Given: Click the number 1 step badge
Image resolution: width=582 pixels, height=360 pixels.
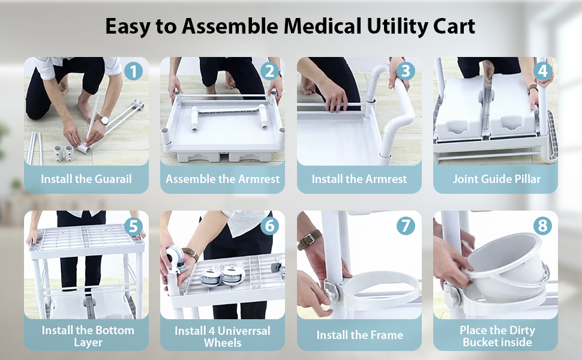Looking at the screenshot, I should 133,72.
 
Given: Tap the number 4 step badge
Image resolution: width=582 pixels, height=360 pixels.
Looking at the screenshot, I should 542,72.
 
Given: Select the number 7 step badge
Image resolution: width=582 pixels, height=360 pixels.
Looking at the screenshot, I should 406,226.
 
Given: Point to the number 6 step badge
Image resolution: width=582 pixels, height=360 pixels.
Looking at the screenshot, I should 269,226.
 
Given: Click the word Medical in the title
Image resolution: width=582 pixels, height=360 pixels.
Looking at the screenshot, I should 327,26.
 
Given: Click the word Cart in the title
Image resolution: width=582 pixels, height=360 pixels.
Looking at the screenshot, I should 454,26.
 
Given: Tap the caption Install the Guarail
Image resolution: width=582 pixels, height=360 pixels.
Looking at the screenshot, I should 86,179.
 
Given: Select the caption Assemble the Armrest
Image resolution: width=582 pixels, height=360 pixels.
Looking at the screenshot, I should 223,179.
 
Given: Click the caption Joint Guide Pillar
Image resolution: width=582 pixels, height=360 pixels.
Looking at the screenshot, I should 496,179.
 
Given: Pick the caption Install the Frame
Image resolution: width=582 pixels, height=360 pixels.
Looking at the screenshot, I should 359,335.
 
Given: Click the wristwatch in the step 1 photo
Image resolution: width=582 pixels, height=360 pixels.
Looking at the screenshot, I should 103,121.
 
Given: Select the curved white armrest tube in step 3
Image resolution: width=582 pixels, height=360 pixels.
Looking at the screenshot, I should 400,114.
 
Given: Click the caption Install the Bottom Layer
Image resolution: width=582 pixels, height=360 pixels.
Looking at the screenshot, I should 88,336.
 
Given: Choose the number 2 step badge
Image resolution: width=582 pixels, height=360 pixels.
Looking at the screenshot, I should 269,72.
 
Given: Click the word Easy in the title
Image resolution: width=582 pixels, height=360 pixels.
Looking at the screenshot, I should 127,26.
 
